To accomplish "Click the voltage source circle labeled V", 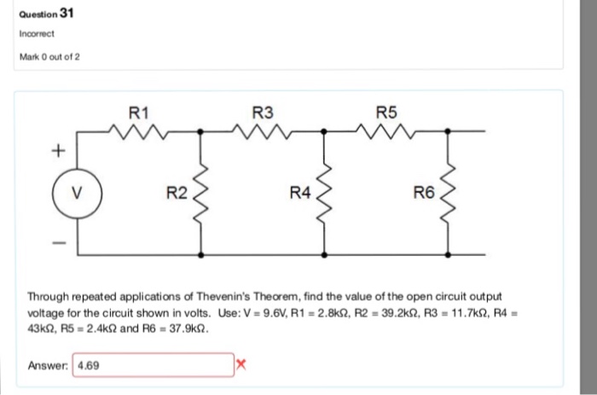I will coord(78,191).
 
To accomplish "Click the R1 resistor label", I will coord(139,112).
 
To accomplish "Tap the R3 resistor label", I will coord(264,112).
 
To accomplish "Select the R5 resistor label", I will coord(386,112).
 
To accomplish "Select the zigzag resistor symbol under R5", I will coord(386,131).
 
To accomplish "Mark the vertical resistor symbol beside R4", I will coord(325,192).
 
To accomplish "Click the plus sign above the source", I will coord(59,150).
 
